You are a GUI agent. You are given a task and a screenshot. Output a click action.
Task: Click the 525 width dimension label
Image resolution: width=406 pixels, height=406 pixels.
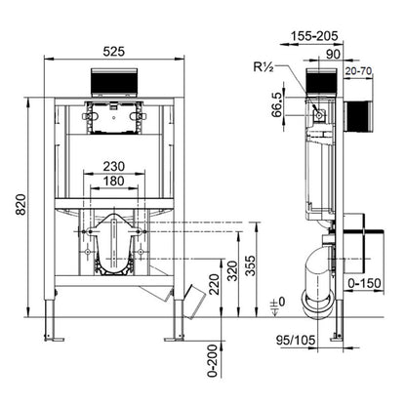coord(113,52)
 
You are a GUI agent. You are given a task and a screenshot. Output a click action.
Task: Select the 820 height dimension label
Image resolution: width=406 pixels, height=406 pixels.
coord(21,204)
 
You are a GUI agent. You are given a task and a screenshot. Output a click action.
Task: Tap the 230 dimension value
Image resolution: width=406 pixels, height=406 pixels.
coord(114,167)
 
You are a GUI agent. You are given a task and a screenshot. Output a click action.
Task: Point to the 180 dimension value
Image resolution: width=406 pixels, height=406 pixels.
coord(114,181)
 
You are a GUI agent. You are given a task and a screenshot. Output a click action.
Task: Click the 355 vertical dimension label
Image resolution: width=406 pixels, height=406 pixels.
coord(251,265)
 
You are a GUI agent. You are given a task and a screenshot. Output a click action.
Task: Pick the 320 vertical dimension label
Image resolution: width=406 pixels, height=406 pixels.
coord(233,270)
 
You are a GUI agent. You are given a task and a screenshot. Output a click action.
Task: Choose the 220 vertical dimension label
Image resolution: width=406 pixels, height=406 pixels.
coord(214,285)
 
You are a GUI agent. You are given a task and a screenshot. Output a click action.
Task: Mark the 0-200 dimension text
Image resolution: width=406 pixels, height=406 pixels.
coord(212,361)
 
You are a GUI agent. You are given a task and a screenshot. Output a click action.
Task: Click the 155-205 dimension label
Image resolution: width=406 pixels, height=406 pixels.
coord(314,36)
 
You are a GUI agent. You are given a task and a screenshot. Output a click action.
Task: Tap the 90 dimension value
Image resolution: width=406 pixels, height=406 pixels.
coord(333,55)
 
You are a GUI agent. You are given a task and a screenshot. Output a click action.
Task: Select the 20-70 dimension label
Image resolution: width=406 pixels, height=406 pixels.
coord(358,71)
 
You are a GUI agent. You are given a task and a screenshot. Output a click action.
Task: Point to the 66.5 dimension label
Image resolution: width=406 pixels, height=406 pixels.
coord(277,104)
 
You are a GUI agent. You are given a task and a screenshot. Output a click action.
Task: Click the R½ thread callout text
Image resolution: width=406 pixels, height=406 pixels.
coord(264,67)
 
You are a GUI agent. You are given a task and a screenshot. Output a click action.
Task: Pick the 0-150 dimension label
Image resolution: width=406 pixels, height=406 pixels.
coord(364,283)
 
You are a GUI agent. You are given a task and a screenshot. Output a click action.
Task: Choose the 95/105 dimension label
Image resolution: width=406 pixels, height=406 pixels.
coord(296,341)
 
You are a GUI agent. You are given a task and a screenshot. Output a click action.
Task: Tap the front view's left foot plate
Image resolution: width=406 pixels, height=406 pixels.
coord(54,340)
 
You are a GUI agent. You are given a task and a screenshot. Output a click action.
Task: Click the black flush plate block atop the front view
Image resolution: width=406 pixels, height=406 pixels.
coord(113,83)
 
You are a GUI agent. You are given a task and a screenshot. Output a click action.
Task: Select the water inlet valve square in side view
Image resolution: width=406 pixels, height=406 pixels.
coord(319,115)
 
